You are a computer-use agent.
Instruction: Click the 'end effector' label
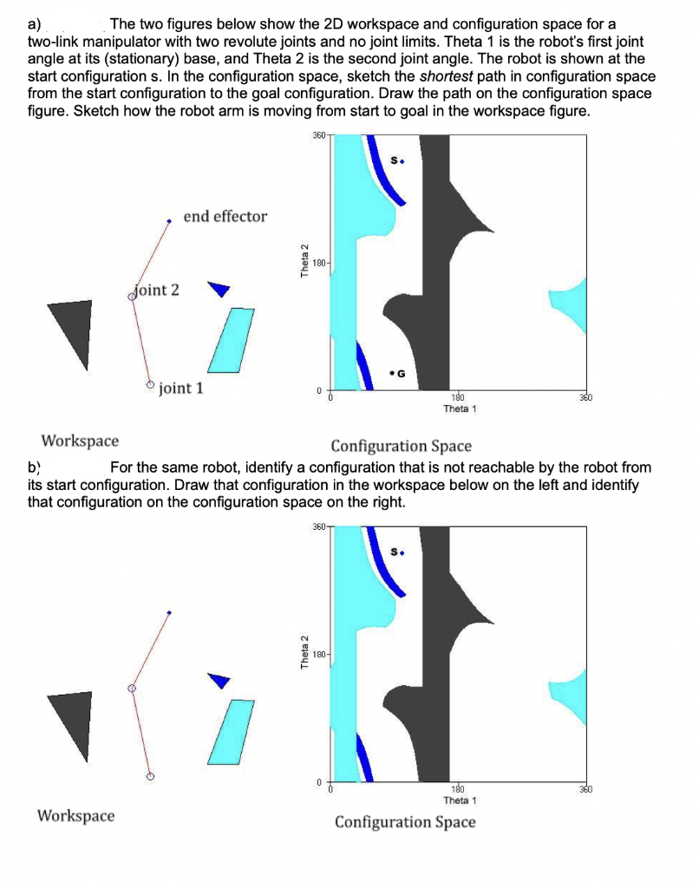click(225, 216)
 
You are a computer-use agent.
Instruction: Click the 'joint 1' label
click(181, 388)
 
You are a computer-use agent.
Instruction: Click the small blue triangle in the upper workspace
click(220, 288)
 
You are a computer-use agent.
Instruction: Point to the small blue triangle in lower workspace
click(221, 680)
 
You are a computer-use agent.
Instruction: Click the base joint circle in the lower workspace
click(150, 777)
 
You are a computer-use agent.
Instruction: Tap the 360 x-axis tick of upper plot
click(585, 397)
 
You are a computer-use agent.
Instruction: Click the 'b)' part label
click(35, 467)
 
